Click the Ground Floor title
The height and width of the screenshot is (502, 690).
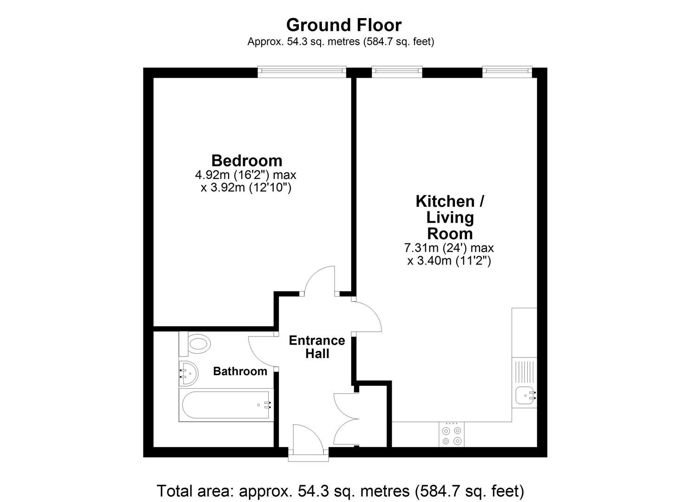[344, 25]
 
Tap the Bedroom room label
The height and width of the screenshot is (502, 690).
[247, 160]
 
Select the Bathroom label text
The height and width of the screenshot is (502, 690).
[240, 371]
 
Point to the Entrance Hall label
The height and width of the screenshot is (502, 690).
[317, 347]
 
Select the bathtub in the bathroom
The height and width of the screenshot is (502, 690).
[226, 405]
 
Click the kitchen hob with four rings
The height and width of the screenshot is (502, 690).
[452, 434]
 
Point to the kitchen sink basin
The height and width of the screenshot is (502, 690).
[526, 396]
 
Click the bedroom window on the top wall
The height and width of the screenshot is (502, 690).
[302, 71]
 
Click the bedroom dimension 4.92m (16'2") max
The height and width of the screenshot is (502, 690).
[245, 175]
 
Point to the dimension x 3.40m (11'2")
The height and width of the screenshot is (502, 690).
[449, 261]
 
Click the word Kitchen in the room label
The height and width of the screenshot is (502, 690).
[441, 201]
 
